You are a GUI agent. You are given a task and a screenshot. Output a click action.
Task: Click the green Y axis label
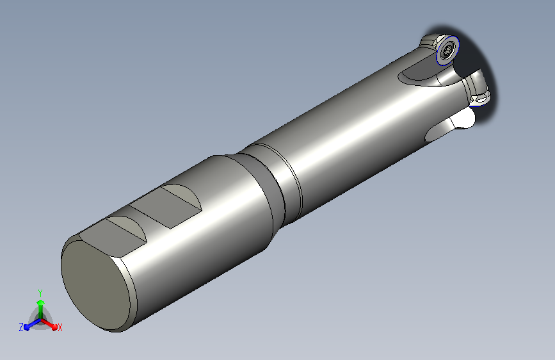[40, 293]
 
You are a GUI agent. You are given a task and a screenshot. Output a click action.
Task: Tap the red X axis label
[60, 327]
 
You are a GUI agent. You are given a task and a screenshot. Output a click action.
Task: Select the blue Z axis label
[21, 327]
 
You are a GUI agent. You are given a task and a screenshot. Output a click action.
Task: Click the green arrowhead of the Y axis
[41, 302]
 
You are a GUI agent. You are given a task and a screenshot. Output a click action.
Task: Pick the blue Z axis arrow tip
[28, 327]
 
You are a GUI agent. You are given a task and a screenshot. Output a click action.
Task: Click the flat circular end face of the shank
[95, 284]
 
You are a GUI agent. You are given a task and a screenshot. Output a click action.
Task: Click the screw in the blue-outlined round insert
[447, 51]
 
